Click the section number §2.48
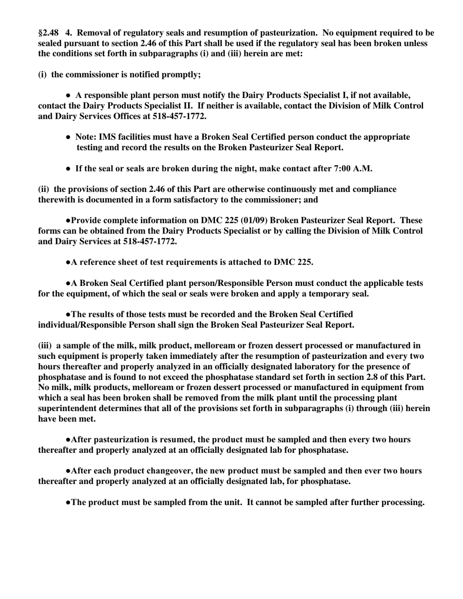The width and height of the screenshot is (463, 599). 48,33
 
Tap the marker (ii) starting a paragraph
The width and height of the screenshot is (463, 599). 44,189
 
